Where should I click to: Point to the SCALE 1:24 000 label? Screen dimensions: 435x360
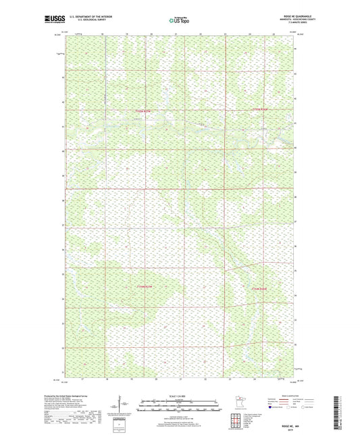179,395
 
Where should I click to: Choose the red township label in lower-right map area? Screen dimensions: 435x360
261,288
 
